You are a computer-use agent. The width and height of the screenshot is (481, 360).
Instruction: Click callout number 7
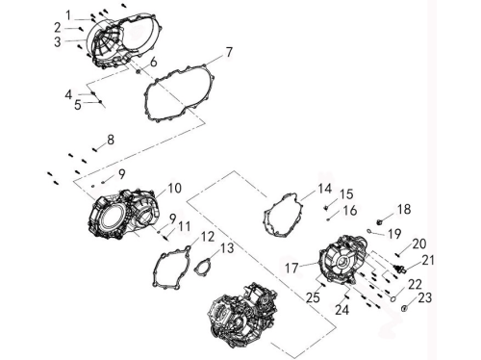[229, 52]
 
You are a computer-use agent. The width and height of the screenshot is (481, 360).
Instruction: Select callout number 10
[174, 188]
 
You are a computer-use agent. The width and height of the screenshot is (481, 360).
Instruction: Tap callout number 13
[227, 248]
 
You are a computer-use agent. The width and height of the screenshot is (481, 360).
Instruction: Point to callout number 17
[291, 269]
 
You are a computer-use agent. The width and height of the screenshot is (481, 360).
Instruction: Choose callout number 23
[425, 297]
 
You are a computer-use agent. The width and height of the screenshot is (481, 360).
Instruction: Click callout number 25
[313, 297]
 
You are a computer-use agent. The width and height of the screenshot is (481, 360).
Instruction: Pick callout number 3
[58, 41]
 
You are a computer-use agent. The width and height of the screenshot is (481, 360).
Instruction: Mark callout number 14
[325, 189]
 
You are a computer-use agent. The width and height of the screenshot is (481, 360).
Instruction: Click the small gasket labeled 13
[201, 268]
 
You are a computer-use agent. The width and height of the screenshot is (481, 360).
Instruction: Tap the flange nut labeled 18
[380, 221]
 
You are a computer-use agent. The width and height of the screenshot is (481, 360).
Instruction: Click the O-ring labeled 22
[392, 299]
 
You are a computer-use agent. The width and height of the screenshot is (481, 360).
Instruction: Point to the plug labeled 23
[405, 309]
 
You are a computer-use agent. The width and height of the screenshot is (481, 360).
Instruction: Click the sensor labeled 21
[400, 269]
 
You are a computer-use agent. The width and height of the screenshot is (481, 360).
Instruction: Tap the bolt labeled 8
[94, 149]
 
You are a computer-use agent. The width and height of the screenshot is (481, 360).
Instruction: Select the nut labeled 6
[139, 71]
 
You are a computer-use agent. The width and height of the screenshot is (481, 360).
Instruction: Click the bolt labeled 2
[81, 29]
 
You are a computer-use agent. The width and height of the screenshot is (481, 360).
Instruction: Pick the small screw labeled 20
[397, 255]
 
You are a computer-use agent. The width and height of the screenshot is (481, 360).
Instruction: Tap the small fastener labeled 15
[326, 208]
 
